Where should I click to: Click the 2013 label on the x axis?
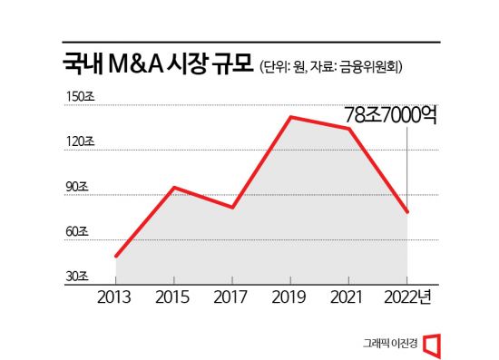[x=114, y=297]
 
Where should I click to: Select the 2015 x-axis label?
[x=173, y=297]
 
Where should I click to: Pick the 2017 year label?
[x=231, y=297]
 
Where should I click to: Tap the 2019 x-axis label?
[x=289, y=297]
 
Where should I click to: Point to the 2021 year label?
[x=348, y=297]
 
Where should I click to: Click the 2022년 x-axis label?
[x=410, y=297]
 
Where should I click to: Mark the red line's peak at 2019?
[x=289, y=117]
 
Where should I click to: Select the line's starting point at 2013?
[x=115, y=257]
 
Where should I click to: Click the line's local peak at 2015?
[x=173, y=188]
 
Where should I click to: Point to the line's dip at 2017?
[x=232, y=208]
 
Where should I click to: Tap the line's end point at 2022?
[x=406, y=212]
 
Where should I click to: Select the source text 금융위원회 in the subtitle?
[x=373, y=68]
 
